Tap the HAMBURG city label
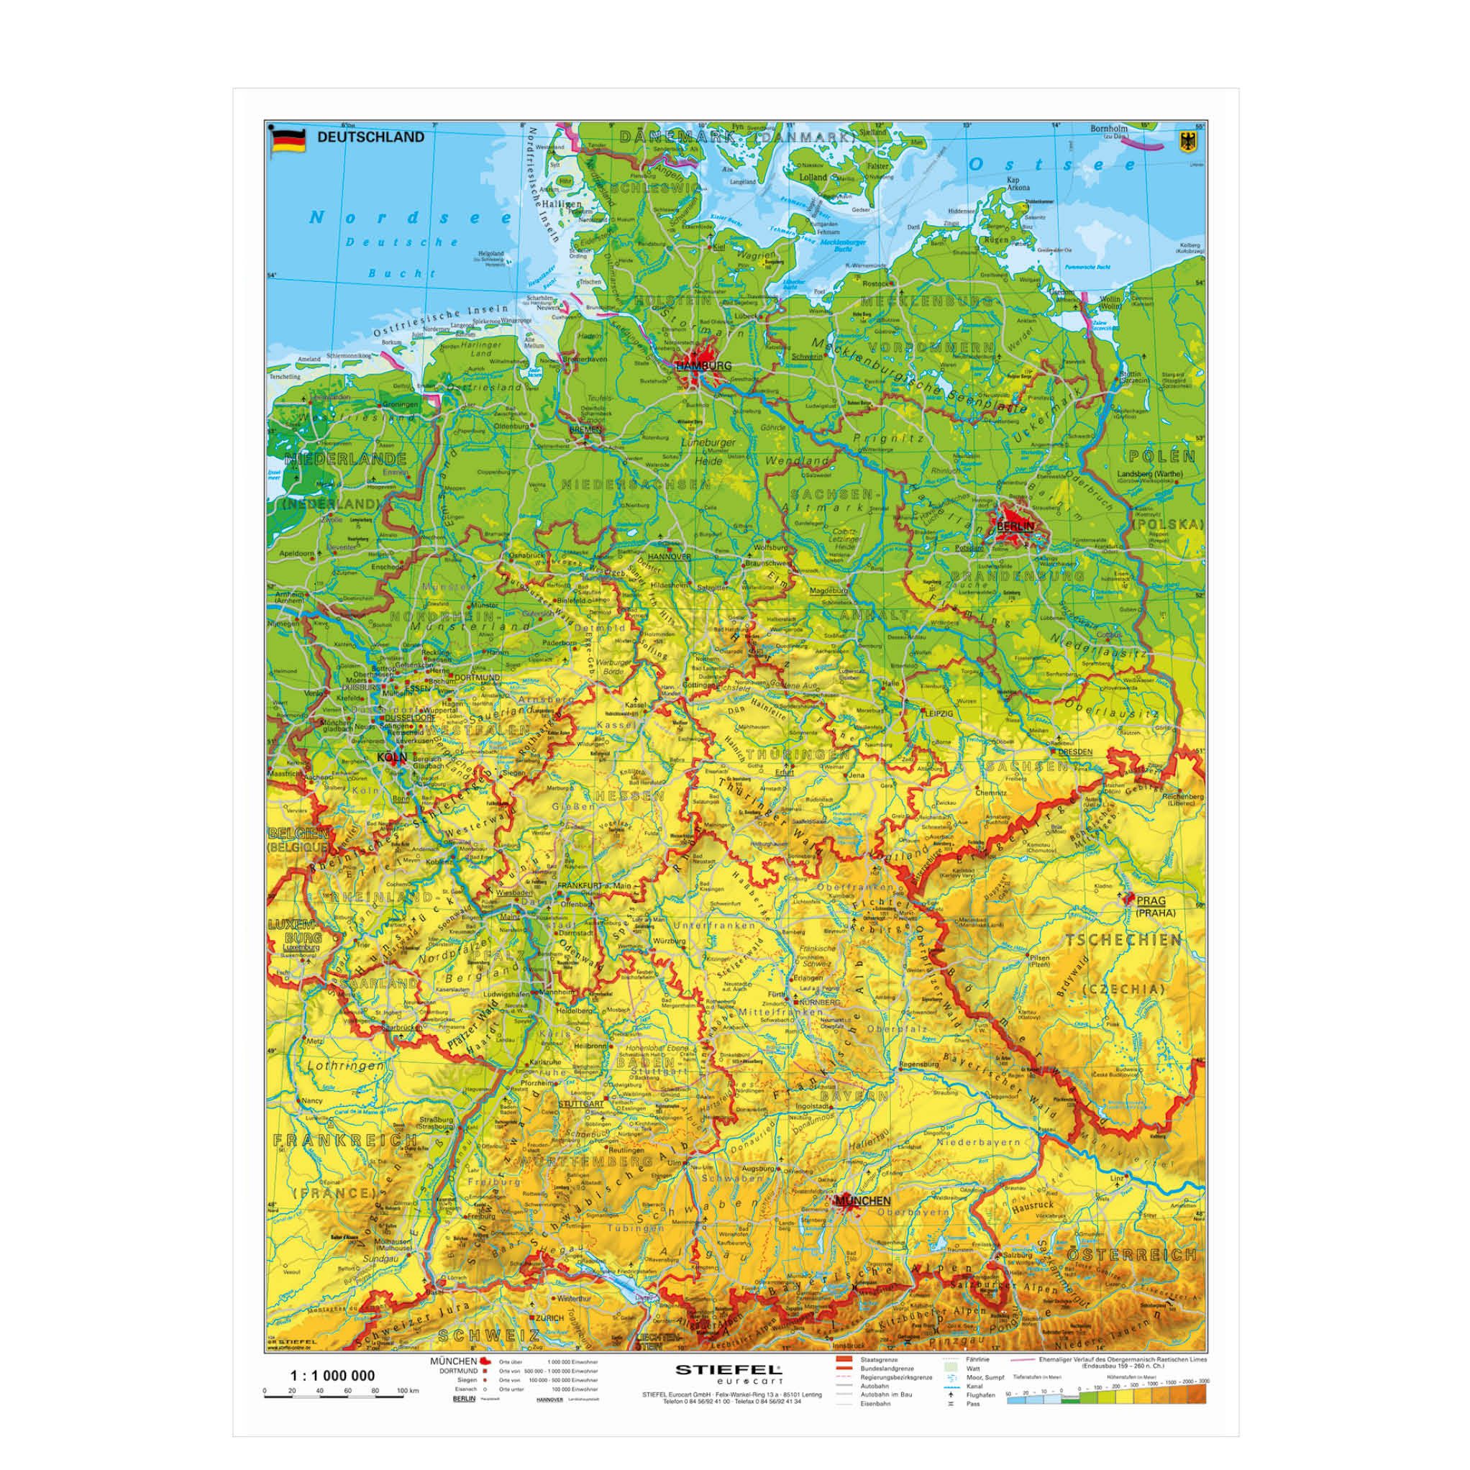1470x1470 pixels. click(703, 366)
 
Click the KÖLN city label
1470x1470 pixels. click(392, 757)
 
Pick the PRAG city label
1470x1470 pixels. click(1151, 900)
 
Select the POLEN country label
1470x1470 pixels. click(1162, 457)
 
